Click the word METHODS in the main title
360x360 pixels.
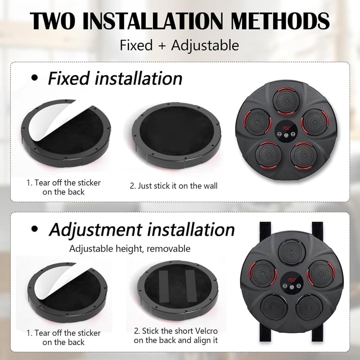point(280,21)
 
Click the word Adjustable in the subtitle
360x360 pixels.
point(205,45)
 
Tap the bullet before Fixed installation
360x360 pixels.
point(35,78)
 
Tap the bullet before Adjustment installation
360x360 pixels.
point(35,229)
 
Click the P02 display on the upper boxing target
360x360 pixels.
point(286,128)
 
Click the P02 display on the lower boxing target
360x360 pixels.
point(292,280)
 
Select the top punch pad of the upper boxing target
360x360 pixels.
point(286,101)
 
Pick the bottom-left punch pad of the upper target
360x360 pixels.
point(268,154)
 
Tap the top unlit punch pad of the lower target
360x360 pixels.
point(292,252)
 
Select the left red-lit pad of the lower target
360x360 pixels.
point(263,274)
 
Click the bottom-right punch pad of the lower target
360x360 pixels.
point(309,307)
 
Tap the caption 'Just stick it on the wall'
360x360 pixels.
point(177,186)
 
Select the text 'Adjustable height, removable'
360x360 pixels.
point(130,249)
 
